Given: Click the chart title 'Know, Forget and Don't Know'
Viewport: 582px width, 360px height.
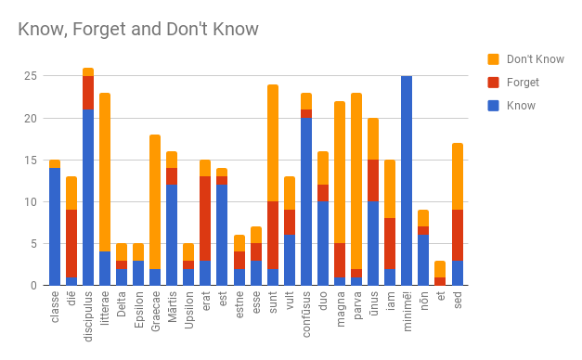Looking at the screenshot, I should coord(138,29).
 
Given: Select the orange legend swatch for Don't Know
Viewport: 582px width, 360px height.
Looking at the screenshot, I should coord(493,59).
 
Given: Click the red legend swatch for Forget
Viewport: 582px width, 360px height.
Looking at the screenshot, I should coord(493,83).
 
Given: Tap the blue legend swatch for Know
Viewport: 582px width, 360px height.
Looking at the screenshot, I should coord(493,106).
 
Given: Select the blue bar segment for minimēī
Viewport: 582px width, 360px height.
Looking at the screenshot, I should coord(407,181).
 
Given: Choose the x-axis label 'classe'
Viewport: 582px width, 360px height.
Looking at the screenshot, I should coord(55,307).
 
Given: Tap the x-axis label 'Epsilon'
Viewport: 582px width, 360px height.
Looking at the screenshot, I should coord(138,311).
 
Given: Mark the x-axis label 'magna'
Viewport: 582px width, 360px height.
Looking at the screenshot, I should coord(340,308).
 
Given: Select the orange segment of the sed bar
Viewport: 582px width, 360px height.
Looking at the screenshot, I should coord(458,176).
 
